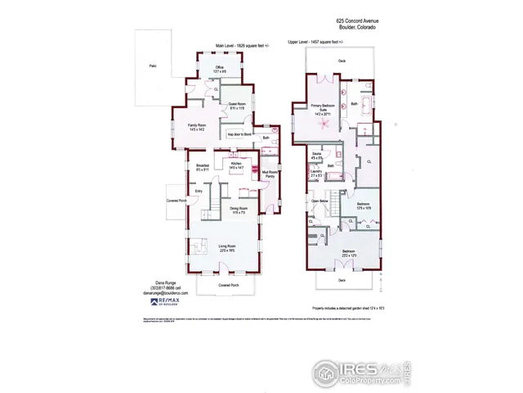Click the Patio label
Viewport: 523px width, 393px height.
[x=151, y=65]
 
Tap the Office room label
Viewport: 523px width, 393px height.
[x=219, y=69]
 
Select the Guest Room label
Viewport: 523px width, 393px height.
[x=237, y=106]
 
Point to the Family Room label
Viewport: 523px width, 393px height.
[x=197, y=126]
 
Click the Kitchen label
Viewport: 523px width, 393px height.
[x=236, y=165]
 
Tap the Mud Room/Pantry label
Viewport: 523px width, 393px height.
[x=269, y=174]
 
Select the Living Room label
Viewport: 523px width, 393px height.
[x=226, y=247]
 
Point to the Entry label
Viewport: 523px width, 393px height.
[x=198, y=192]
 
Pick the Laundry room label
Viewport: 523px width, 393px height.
[x=317, y=173]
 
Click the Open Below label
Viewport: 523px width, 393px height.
[x=319, y=201]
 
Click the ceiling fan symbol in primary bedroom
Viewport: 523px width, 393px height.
[x=325, y=124]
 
